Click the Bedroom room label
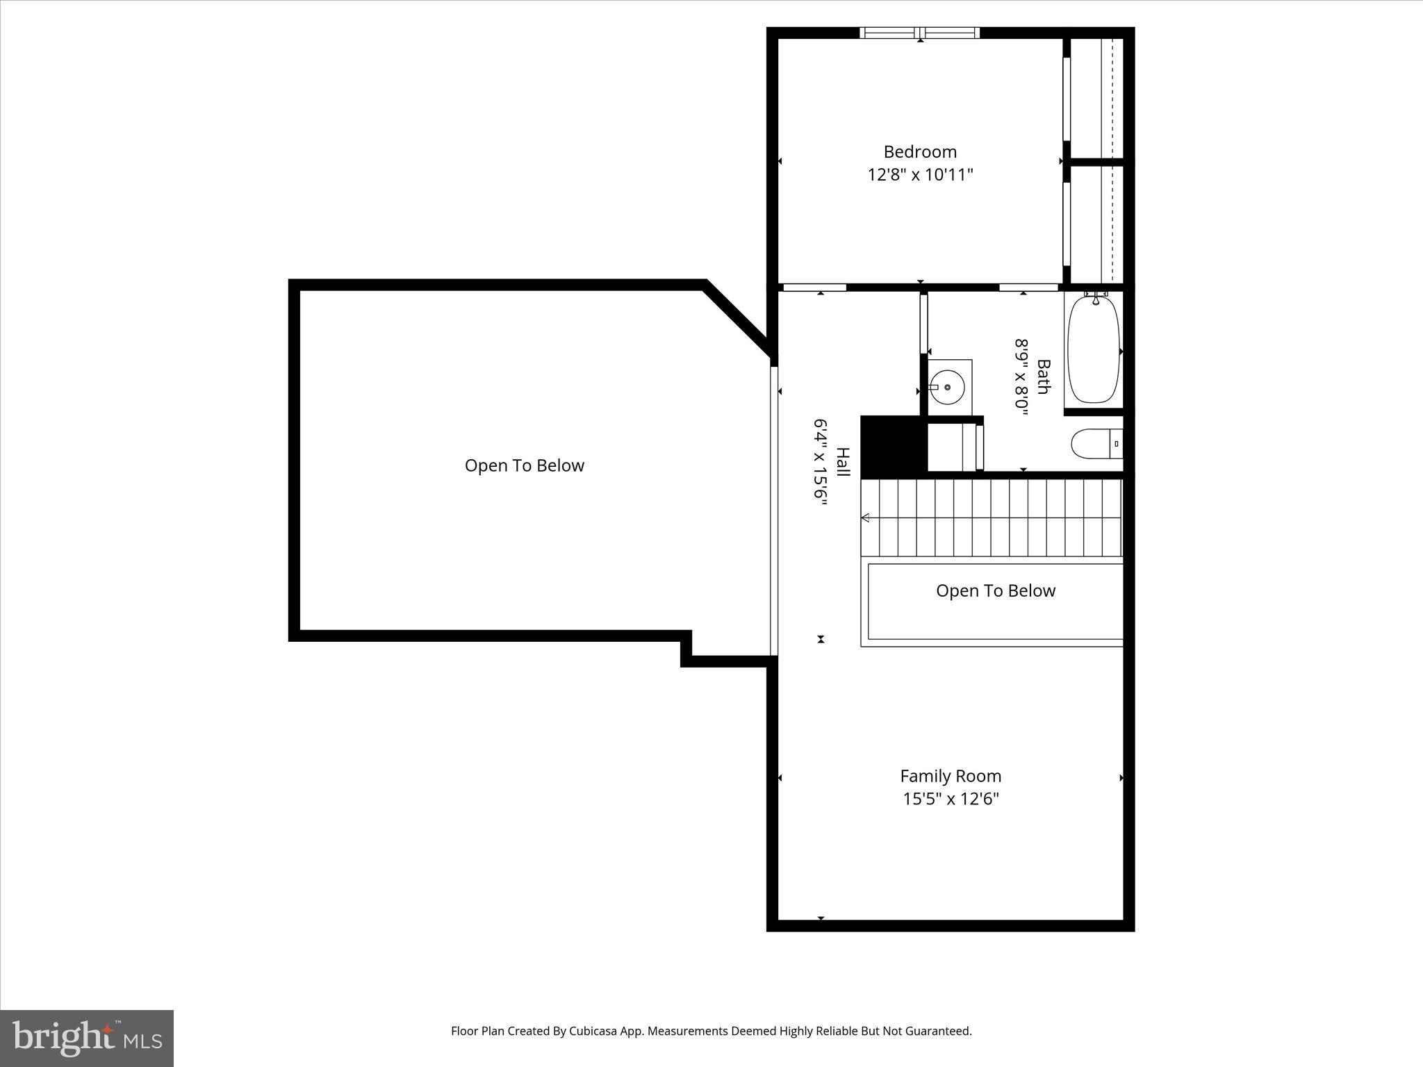tap(920, 151)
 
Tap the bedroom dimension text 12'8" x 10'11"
tap(920, 174)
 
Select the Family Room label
tap(951, 776)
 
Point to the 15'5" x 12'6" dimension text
tap(951, 799)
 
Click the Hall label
tap(843, 462)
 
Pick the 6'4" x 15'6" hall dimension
tap(821, 462)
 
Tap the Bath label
tap(1043, 376)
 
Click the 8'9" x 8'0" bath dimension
tap(1021, 376)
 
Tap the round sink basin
tap(946, 387)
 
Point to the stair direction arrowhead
tap(866, 518)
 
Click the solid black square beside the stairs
tap(894, 447)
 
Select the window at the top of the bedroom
tap(920, 33)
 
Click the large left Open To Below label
tap(525, 465)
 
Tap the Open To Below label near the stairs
tap(995, 590)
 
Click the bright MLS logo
tap(87, 1038)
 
